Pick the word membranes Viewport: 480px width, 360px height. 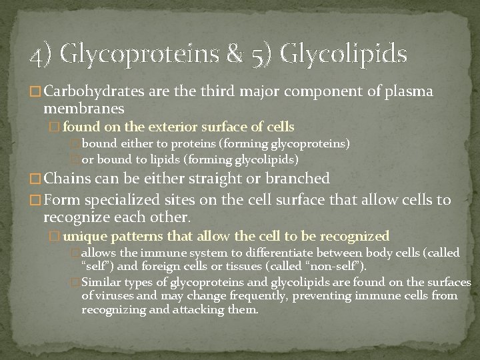click(x=83, y=107)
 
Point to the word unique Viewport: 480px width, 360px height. click(x=83, y=236)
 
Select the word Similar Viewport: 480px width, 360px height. click(x=101, y=282)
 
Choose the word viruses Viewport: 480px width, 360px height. click(x=115, y=296)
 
